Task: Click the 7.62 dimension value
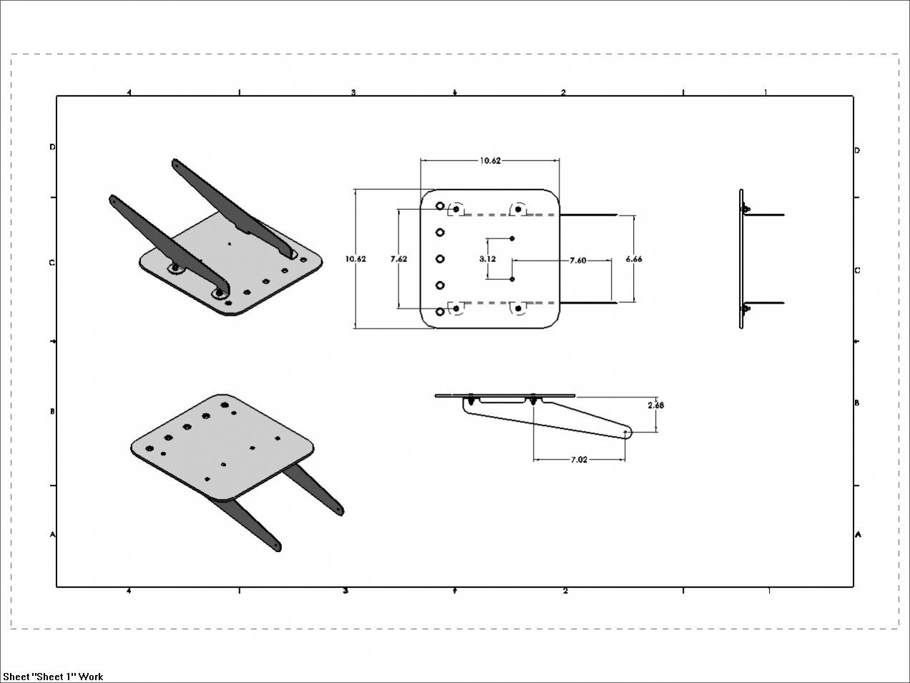(398, 258)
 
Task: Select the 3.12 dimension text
(487, 258)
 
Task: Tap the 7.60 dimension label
(578, 261)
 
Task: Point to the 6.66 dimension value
(634, 258)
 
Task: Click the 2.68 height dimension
(656, 405)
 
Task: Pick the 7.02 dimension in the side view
(579, 460)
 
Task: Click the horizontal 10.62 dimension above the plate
(491, 160)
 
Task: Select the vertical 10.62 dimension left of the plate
(356, 258)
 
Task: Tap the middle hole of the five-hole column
(440, 258)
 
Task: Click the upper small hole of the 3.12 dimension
(512, 238)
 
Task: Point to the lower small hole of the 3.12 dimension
(512, 279)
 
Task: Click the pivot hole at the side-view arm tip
(625, 432)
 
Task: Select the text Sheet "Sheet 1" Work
(53, 677)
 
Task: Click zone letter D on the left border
(52, 147)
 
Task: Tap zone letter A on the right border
(858, 535)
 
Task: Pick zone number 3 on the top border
(353, 92)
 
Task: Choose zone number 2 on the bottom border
(565, 591)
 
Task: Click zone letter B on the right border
(857, 402)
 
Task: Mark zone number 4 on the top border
(129, 92)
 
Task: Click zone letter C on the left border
(52, 263)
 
